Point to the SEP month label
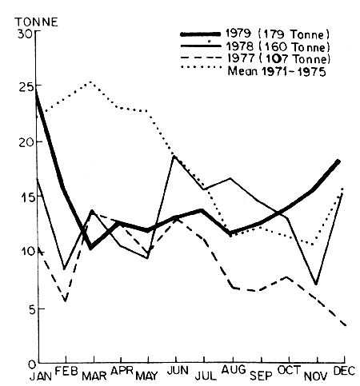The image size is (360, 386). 260,373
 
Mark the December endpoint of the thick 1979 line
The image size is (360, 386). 339,161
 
